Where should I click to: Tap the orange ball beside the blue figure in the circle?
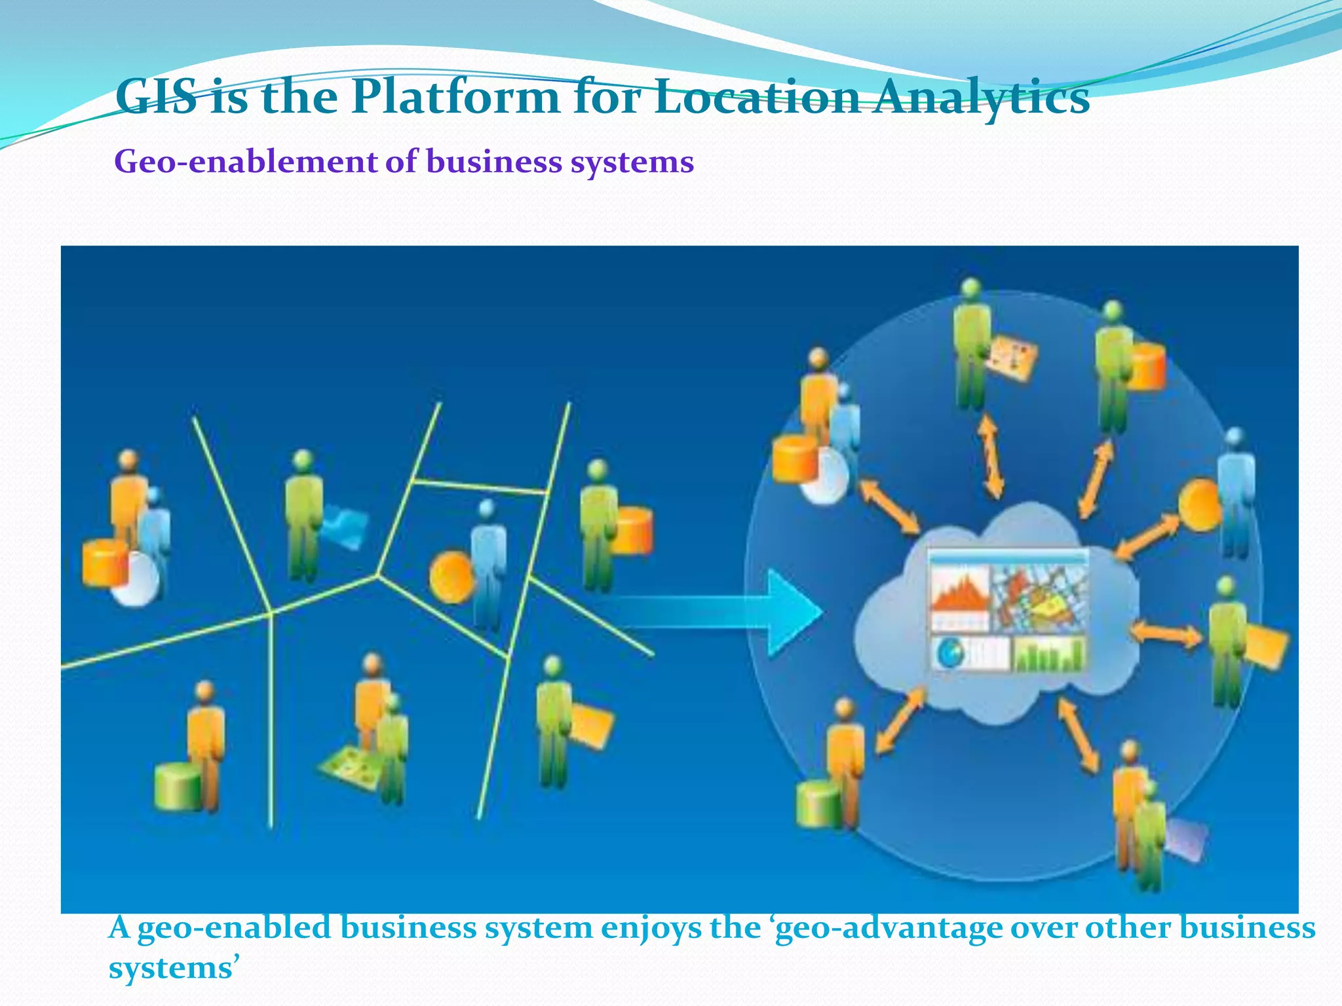coord(1200,504)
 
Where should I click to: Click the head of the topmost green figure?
coord(970,288)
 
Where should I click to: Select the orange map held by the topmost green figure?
coord(1013,357)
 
